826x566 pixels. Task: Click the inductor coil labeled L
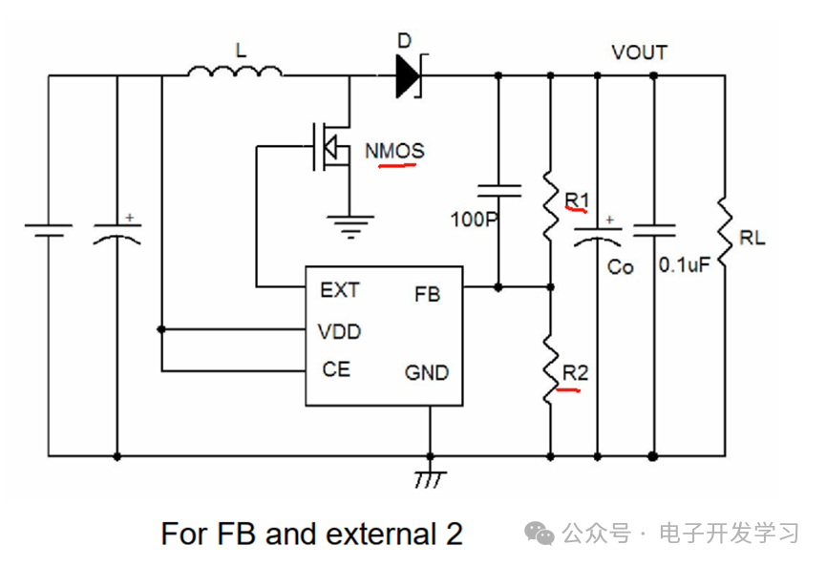pos(235,72)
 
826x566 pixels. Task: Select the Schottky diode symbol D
pos(411,75)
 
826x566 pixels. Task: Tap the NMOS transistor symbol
pos(330,146)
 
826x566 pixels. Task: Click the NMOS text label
pos(394,151)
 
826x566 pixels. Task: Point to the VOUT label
pos(640,52)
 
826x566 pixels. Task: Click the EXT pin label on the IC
pos(340,290)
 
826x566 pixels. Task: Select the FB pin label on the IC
pos(427,294)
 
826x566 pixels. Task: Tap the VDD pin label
pos(339,332)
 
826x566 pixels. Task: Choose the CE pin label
pos(336,369)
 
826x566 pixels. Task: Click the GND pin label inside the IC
pos(427,373)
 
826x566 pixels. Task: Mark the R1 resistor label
pos(577,200)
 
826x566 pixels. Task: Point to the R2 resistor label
pos(575,373)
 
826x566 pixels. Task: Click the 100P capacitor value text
pos(474,219)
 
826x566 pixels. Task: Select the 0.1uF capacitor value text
pos(685,264)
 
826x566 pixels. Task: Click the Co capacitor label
pos(620,267)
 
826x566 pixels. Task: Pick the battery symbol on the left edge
pos(49,230)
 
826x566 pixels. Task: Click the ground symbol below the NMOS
pos(350,227)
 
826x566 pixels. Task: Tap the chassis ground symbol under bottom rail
pos(430,479)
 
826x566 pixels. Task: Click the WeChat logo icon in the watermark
pos(539,534)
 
